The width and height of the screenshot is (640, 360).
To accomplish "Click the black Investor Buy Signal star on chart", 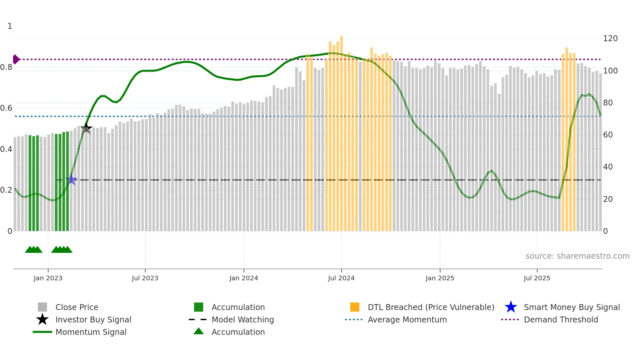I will (x=86, y=128).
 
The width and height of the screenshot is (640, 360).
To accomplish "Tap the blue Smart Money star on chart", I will (x=71, y=180).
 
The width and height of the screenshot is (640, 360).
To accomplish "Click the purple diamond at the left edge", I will (x=16, y=59).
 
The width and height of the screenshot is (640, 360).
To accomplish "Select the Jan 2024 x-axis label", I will (x=244, y=278).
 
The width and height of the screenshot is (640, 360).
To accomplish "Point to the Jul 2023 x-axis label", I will (x=145, y=278).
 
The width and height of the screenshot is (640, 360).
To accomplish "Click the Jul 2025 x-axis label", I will (x=537, y=278).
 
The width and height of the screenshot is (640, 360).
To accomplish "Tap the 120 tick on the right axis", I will (x=610, y=39).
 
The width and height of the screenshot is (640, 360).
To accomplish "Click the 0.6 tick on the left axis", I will (x=7, y=108).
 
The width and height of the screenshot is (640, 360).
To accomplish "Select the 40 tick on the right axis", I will (x=608, y=167).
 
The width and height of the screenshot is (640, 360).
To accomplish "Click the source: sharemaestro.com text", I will (x=577, y=256).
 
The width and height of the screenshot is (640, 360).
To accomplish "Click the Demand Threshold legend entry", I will (x=561, y=319).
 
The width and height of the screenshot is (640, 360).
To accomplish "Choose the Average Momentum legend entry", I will (x=407, y=319).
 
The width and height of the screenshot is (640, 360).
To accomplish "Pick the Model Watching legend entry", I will (x=242, y=319).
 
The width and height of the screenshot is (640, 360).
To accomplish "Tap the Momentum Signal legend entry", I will (x=91, y=332).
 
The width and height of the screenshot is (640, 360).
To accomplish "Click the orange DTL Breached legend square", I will (x=355, y=307).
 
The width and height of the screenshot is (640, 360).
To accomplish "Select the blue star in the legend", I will (x=511, y=307).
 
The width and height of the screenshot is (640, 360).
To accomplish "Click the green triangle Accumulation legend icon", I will (x=199, y=331).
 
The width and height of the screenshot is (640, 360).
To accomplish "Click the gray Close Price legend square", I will (x=42, y=307).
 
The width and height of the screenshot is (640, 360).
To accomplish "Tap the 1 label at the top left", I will (x=10, y=26).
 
